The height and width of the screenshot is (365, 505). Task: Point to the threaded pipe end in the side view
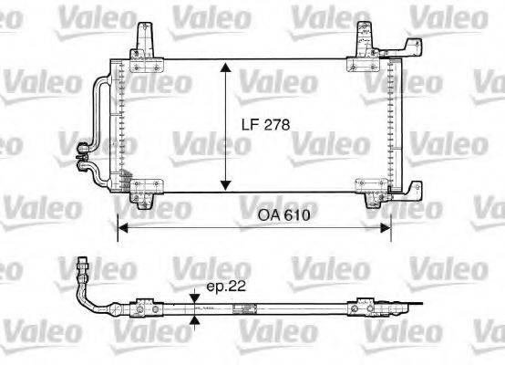(x=83, y=267)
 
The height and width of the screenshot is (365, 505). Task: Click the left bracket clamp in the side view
(x=144, y=306)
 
